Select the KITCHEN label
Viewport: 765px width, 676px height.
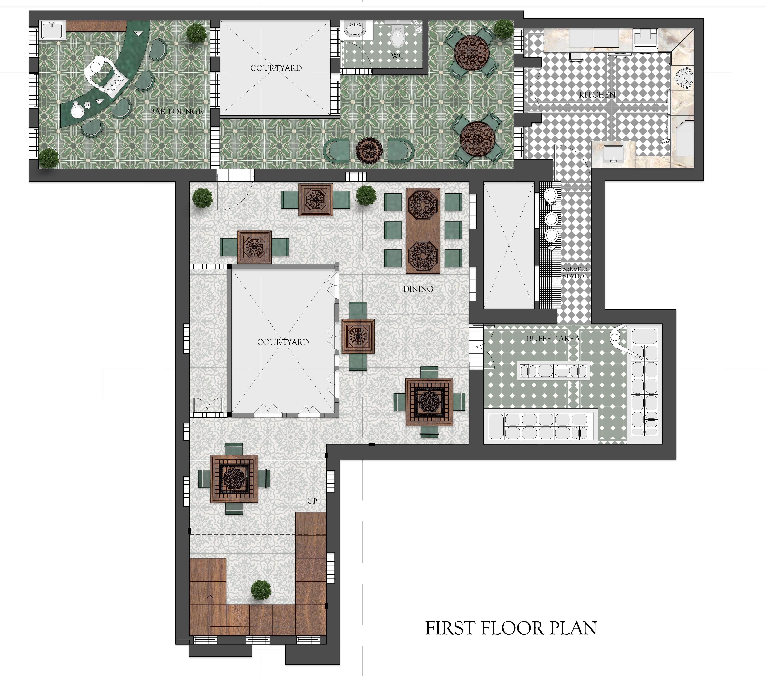tap(597, 95)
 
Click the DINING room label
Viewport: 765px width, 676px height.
tap(418, 289)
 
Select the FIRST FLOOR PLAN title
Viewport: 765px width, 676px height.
tap(511, 628)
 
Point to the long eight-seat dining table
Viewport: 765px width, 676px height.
tap(423, 231)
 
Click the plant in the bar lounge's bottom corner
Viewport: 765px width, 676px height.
tap(49, 158)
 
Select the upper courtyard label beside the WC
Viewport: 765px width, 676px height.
tap(276, 68)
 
